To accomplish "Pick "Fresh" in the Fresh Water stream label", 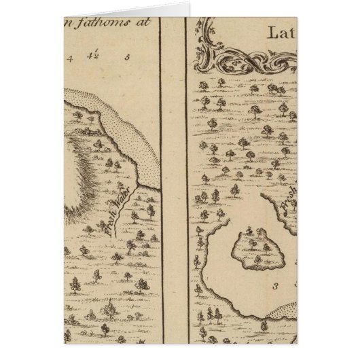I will point(109,223).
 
